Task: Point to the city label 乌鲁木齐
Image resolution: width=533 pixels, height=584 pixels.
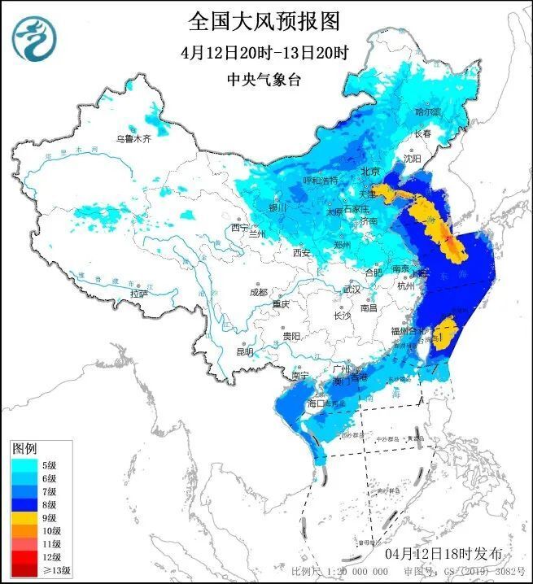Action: click(133, 139)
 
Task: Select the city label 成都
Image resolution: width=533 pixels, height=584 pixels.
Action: click(259, 291)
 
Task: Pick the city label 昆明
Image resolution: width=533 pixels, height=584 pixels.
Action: click(244, 351)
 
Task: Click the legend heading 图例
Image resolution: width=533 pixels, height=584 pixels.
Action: click(24, 449)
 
